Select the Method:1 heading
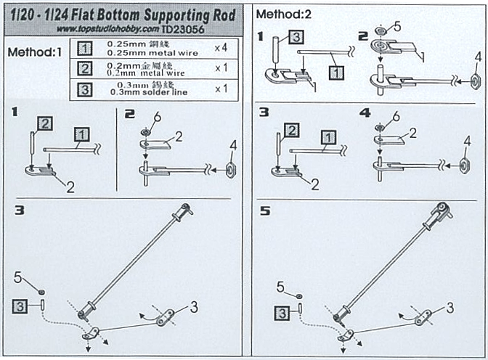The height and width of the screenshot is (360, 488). pyautogui.click(x=34, y=53)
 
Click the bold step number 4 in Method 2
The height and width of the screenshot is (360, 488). pyautogui.click(x=364, y=114)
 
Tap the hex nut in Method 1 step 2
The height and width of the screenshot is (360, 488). pyautogui.click(x=231, y=171)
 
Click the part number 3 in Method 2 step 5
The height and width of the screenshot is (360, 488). pyautogui.click(x=450, y=308)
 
